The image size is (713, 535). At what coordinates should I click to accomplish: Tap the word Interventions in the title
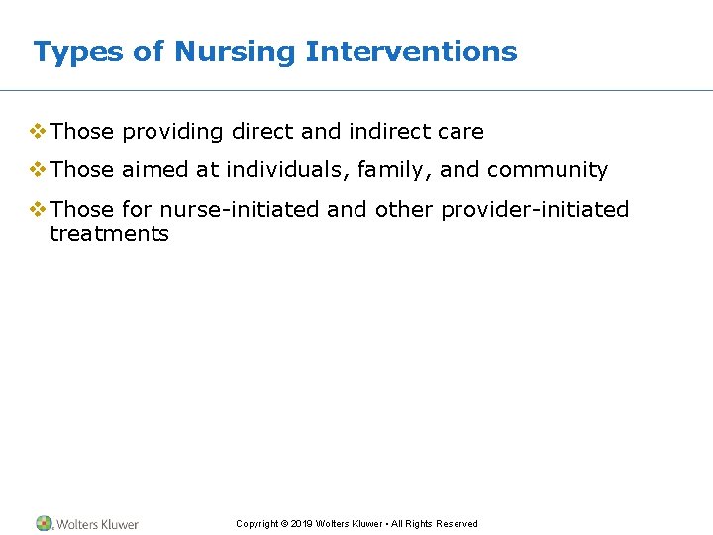coord(411,52)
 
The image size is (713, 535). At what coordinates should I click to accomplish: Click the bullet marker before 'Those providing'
coord(38,131)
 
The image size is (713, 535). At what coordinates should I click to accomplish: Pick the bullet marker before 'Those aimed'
coord(38,169)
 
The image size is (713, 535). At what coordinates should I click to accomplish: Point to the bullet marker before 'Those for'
coord(38,209)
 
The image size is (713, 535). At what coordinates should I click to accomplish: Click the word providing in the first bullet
coord(172,132)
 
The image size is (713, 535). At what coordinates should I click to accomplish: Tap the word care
coord(458,132)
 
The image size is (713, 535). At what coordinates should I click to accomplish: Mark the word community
coord(547,170)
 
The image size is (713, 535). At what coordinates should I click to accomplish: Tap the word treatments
coord(109,234)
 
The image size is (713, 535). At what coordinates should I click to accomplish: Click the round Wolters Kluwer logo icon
coord(45,523)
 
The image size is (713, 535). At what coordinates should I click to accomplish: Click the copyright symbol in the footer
coord(284,524)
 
